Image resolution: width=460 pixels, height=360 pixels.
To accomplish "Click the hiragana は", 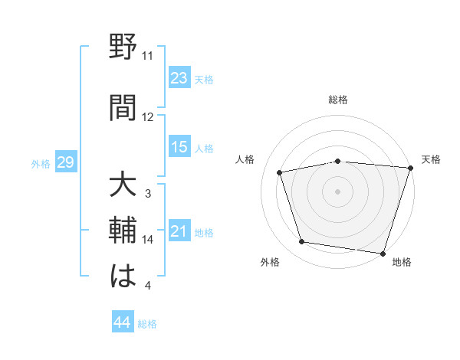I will click(x=123, y=277).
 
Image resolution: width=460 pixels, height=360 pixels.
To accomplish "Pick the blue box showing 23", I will click(x=179, y=77).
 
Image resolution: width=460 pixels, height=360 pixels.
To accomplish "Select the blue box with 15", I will click(x=179, y=147).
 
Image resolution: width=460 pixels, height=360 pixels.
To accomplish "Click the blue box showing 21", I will click(x=179, y=231).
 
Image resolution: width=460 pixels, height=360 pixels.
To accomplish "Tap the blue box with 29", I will click(x=65, y=162).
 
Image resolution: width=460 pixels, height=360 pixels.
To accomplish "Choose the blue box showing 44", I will click(x=122, y=322).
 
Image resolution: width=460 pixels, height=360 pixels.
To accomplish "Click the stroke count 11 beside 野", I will click(x=147, y=56).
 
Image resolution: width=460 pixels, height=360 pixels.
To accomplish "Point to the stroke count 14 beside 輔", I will click(x=148, y=240).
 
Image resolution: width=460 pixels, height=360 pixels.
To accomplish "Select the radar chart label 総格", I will click(x=338, y=100).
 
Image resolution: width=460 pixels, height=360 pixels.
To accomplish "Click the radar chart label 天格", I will click(x=431, y=159).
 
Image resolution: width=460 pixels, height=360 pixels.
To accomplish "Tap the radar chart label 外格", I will click(x=269, y=262).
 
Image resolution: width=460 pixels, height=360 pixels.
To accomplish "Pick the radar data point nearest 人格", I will click(x=281, y=173).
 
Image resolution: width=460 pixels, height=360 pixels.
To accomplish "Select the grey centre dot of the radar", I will click(x=338, y=191).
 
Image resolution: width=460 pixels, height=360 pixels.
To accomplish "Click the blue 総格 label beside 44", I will click(x=147, y=323).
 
